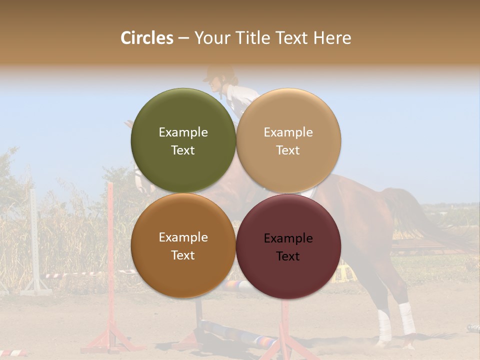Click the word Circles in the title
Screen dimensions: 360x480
coord(146,38)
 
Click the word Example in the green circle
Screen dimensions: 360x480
coord(183,132)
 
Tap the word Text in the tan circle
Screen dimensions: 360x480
coord(288,150)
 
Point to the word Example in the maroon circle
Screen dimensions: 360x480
coord(288,238)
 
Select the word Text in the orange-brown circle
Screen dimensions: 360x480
coord(183,255)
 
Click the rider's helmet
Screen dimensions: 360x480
coord(219,73)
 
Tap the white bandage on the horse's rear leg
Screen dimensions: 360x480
coord(406,318)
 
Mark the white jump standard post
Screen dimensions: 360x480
coord(34,235)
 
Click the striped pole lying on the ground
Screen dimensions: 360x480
coord(235,332)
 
